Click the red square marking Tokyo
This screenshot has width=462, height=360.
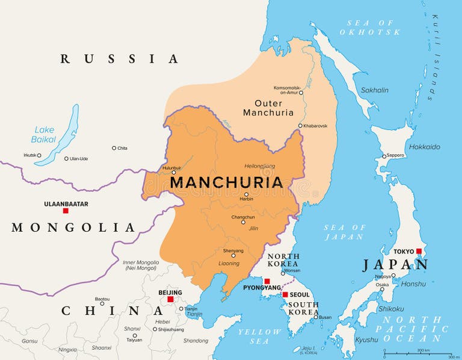pos(419,252)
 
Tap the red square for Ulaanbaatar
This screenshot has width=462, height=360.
pos(66,211)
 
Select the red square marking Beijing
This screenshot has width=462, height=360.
pos(170,299)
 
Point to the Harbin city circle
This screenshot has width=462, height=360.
pos(246,194)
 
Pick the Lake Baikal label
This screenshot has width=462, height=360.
pos(44,134)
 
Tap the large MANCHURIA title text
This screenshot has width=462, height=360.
pos(226,182)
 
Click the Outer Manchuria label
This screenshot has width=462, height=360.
pos(268,108)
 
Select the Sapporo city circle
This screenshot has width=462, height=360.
pos(384,157)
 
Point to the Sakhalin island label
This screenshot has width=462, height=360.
pos(374,90)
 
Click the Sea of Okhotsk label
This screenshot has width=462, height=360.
pos(369,27)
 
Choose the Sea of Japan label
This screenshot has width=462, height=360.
pos(345,232)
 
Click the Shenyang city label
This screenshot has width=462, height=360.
pos(233,250)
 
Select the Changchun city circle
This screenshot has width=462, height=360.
pos(243,222)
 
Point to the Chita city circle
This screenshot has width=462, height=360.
pos(114,148)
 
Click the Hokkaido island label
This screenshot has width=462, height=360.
pos(424,147)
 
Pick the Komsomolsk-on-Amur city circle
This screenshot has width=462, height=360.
pos(301,93)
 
